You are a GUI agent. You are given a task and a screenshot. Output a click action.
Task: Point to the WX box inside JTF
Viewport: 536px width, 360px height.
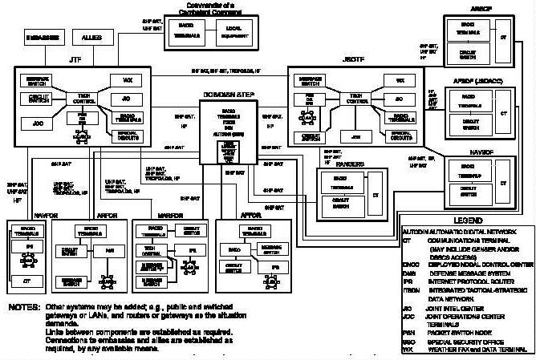(126, 81)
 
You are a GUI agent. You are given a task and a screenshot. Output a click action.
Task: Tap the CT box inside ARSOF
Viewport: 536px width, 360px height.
(503, 38)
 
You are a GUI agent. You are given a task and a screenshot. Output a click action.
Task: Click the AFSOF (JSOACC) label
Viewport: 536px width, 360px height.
(474, 82)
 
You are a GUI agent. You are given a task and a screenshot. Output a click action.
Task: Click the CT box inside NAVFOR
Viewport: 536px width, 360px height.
(27, 280)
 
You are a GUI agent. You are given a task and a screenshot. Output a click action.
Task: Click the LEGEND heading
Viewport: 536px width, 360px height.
(466, 220)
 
